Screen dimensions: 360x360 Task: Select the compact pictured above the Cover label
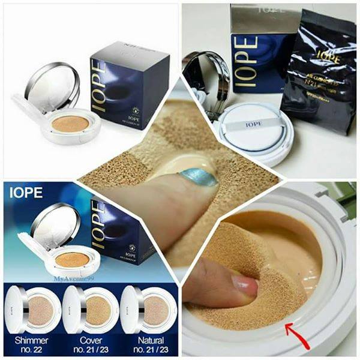pos(89,310)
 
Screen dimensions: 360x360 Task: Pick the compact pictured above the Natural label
pos(146,310)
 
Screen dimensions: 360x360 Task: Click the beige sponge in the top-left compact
pos(70,124)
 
